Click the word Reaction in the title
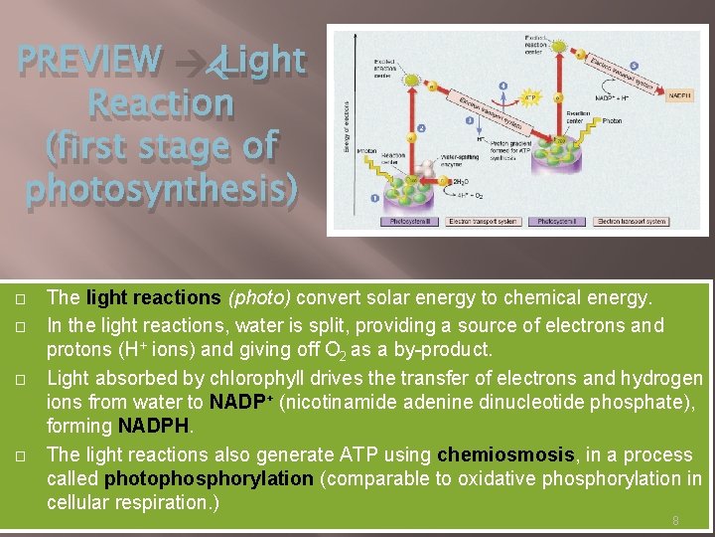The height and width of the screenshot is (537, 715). pos(161,102)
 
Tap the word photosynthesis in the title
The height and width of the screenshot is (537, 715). pos(161,187)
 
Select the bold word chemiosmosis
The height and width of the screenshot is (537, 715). pos(505,454)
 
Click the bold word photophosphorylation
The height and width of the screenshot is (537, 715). pos(209,478)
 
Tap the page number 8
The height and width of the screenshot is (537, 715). pos(675,520)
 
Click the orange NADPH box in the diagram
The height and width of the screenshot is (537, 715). pos(679,96)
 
